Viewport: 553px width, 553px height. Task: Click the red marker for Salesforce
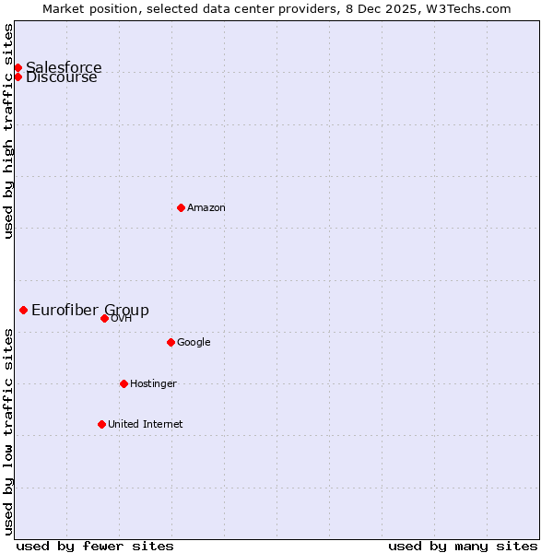coord(18,67)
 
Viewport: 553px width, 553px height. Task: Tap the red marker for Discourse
coord(18,76)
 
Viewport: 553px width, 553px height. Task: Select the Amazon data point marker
coord(181,207)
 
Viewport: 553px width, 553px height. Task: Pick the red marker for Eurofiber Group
coord(23,310)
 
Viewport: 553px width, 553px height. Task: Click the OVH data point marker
coord(104,318)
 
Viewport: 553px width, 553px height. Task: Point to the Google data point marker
coord(171,342)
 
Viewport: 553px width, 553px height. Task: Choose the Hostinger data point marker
coord(124,383)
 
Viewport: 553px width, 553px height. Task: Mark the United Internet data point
coord(101,424)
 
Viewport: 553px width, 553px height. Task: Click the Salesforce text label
coord(64,67)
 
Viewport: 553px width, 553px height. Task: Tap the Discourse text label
coord(62,77)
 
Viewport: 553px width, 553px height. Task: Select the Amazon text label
coord(206,207)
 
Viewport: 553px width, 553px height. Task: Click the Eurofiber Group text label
coord(90,310)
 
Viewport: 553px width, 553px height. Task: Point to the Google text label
coord(194,342)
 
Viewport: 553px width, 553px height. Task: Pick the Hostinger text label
coord(153,383)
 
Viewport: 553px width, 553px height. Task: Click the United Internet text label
coord(146,424)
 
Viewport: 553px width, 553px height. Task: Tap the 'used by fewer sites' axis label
coord(95,546)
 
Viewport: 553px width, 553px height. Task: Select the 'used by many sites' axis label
coord(463,546)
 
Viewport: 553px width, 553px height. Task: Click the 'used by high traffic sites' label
coord(8,131)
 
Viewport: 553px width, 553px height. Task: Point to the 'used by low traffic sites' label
coord(8,431)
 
